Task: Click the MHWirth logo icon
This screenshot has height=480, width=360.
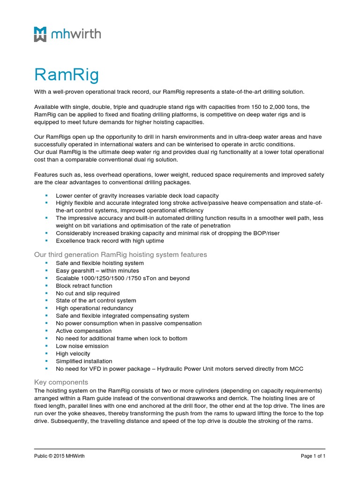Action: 40,34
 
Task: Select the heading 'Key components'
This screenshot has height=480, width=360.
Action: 61,382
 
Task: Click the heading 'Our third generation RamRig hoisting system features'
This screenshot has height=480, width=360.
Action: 120,255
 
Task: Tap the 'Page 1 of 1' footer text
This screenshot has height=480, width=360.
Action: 313,456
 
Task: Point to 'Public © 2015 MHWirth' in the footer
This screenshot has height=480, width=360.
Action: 59,456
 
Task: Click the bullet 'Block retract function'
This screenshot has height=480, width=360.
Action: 84,285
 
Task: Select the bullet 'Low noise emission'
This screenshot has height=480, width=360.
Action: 82,346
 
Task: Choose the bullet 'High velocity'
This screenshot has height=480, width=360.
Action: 73,353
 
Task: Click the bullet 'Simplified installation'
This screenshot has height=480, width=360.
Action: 84,361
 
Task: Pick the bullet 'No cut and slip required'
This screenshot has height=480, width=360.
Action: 88,293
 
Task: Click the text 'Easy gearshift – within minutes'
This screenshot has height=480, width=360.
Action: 97,270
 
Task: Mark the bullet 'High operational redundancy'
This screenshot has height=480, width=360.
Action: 94,308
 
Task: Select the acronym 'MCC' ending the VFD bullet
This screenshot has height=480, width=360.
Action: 296,369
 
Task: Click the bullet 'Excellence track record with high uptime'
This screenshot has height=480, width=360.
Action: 110,240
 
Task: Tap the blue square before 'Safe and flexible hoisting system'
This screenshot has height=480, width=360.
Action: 46,263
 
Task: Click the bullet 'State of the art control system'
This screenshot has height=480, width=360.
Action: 96,300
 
